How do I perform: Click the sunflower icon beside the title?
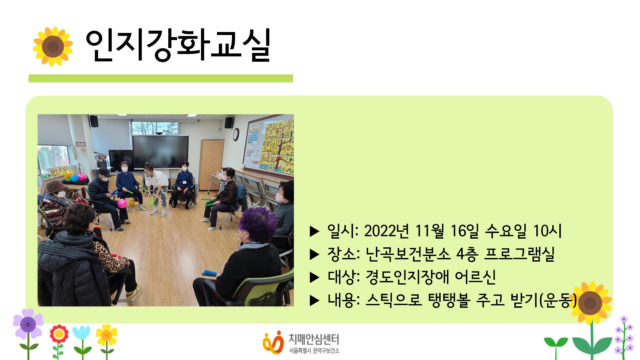(x=53, y=46)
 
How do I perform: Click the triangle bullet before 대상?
(x=314, y=277)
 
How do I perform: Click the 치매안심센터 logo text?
(x=313, y=339)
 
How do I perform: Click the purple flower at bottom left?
(x=28, y=324)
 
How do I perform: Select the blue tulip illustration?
(x=81, y=334)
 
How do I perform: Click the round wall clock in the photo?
(x=236, y=134)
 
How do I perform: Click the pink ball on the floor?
(x=122, y=203)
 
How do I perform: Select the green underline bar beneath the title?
(x=160, y=78)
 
